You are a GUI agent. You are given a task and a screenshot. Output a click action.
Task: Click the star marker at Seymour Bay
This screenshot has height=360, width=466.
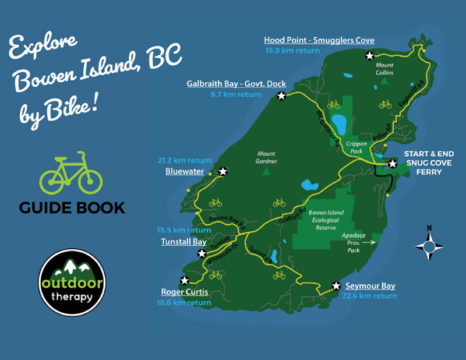tap(336, 286)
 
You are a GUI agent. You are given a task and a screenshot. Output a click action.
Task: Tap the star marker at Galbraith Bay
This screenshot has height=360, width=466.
tap(281, 96)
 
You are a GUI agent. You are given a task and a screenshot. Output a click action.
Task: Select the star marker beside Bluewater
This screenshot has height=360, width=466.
tap(223, 172)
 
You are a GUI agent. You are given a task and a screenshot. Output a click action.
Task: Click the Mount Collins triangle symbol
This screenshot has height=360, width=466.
tap(384, 82)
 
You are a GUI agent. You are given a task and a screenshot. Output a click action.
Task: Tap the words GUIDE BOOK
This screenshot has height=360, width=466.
tap(72, 207)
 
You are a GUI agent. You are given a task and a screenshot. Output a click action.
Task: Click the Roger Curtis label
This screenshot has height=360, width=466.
tap(184, 292)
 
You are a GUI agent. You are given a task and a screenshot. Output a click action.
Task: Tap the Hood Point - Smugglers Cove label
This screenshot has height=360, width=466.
tap(319, 40)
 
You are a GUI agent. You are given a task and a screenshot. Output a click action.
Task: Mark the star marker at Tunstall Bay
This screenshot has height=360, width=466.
tap(202, 253)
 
